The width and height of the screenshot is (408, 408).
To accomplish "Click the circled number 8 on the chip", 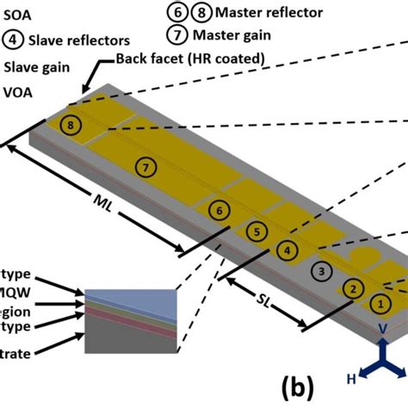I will (71, 126).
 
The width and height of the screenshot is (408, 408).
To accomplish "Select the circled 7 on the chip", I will (147, 166).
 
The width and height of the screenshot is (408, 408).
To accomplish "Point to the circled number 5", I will (256, 231).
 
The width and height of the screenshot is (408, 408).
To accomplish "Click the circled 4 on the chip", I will (290, 250).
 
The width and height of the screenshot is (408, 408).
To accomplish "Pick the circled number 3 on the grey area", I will (320, 271).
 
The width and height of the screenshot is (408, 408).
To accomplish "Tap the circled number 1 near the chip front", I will (378, 303).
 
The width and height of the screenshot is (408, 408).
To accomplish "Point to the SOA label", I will (18, 15).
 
